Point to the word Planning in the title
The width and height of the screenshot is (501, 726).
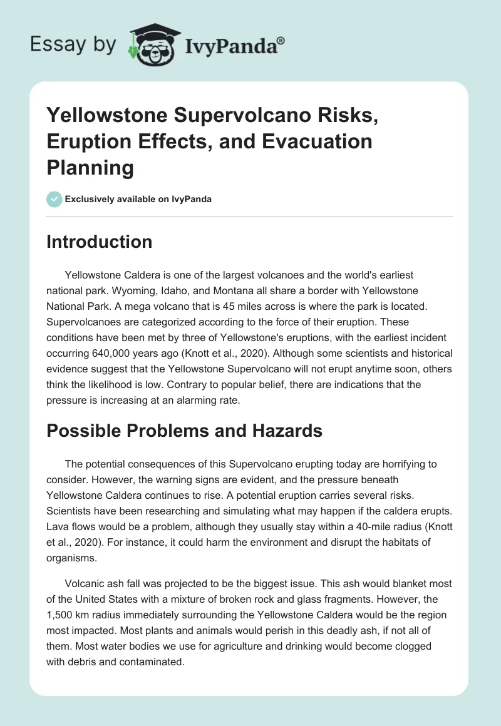click(90, 167)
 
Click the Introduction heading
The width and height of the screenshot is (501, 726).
click(99, 242)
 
